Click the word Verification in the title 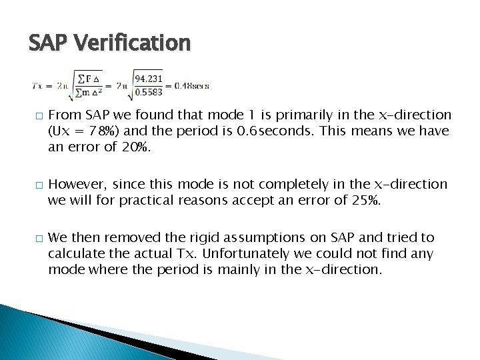click(x=133, y=43)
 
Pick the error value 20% click(x=137, y=146)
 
